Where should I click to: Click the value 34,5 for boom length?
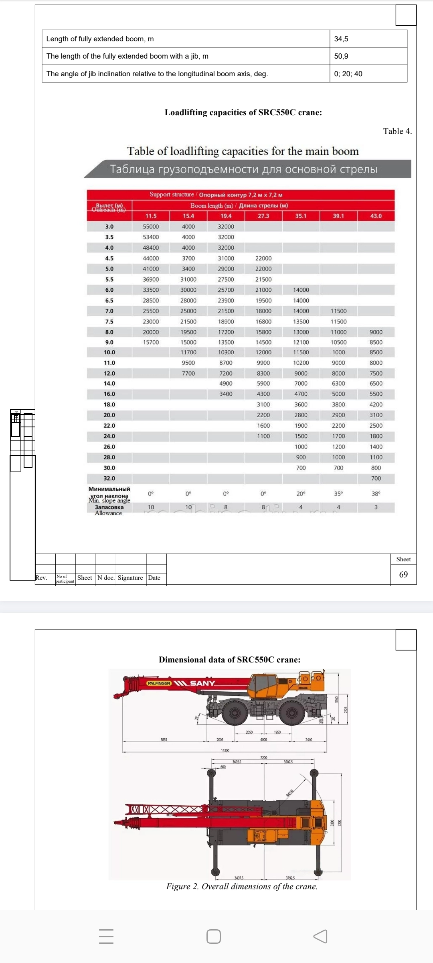[x=341, y=39]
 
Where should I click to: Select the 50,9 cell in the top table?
[x=341, y=56]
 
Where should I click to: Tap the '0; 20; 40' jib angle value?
[x=348, y=74]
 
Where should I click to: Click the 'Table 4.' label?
[x=397, y=131]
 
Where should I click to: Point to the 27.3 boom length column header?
[x=263, y=216]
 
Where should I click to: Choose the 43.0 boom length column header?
[x=376, y=216]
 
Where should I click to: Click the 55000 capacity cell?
[x=151, y=227]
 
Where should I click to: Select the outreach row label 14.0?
[x=109, y=384]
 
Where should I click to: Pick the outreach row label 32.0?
[x=109, y=478]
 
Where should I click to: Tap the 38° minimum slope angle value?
[x=376, y=494]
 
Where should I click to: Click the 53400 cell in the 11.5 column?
[x=151, y=237]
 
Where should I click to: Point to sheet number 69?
[x=403, y=575]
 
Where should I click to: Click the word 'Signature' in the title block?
[x=130, y=578]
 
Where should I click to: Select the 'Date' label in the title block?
[x=154, y=578]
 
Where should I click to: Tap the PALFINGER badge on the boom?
[x=159, y=683]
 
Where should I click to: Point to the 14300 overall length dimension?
[x=225, y=750]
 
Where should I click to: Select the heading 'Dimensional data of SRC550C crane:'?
[x=229, y=660]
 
